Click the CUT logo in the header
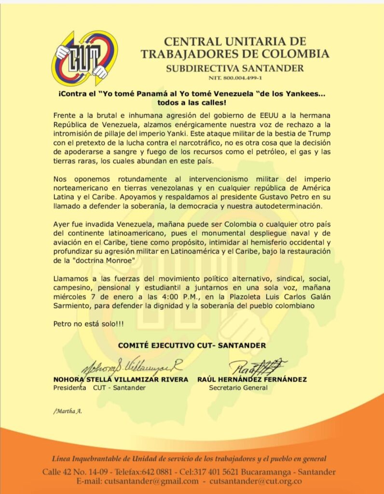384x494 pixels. click(84, 57)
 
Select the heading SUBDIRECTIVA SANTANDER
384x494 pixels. click(235, 68)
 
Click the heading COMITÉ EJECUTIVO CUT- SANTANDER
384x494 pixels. click(192, 345)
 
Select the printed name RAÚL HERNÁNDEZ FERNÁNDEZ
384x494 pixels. click(252, 380)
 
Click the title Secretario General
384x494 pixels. click(238, 388)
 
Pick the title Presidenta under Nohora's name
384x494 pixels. click(69, 388)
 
